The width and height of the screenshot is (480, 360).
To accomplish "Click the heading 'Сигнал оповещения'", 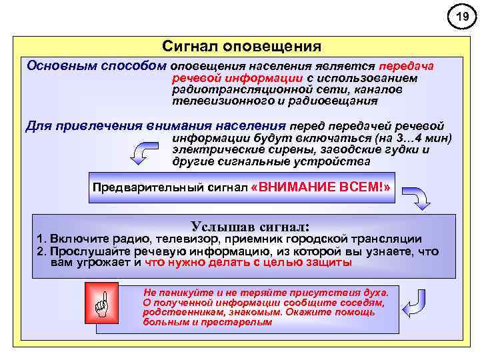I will click(x=241, y=47).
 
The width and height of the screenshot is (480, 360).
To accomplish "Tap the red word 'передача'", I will click(x=406, y=67).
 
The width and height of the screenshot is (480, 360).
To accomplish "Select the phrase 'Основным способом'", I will click(x=97, y=66).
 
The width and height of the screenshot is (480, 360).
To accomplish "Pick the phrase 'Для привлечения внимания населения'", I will click(x=155, y=126).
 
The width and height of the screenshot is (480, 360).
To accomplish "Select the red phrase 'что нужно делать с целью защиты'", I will click(x=247, y=263).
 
